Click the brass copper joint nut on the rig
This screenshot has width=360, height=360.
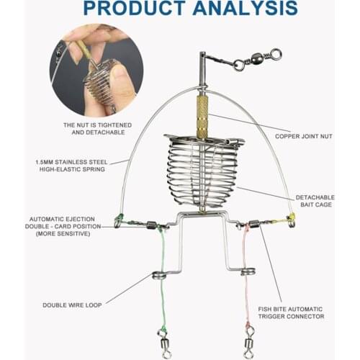point(202,117)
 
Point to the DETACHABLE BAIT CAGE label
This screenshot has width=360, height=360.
point(314,201)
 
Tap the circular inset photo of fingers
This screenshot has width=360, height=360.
point(96,69)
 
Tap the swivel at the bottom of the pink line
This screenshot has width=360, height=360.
point(249,338)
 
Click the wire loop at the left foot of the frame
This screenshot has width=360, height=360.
point(158,274)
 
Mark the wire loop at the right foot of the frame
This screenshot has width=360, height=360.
point(248,271)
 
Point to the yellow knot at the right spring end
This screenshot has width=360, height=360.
point(290,217)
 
